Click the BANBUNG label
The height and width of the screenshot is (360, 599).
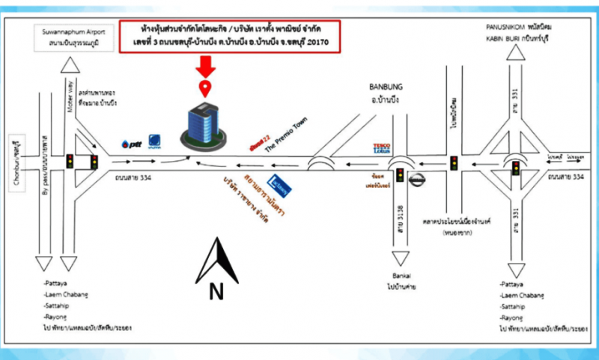(x=386, y=86)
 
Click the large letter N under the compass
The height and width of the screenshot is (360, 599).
(x=216, y=292)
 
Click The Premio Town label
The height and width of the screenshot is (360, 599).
(x=286, y=134)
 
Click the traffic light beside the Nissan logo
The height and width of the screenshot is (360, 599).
(x=401, y=176)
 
